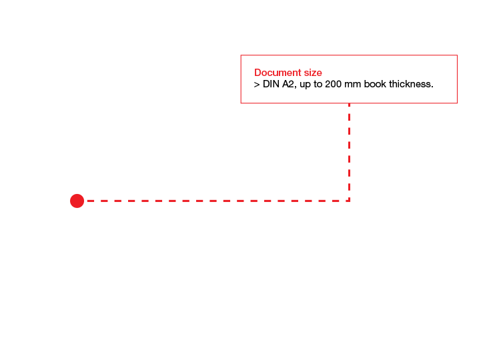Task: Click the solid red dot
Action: (x=77, y=201)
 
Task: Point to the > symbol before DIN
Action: (x=257, y=85)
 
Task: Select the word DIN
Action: (x=271, y=84)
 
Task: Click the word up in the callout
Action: (x=305, y=85)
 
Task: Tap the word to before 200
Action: (x=318, y=84)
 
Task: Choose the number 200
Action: (x=334, y=84)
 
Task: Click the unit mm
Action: (x=352, y=85)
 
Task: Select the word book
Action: (x=375, y=84)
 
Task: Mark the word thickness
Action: (x=410, y=84)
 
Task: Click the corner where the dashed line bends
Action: (x=349, y=201)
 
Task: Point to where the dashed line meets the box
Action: (x=349, y=103)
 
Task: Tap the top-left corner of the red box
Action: (x=241, y=55)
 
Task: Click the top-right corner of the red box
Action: (x=457, y=55)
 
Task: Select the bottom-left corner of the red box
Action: (x=241, y=103)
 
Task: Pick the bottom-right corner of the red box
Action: (x=457, y=103)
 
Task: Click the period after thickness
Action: (x=432, y=87)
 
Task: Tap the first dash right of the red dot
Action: (x=91, y=201)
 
